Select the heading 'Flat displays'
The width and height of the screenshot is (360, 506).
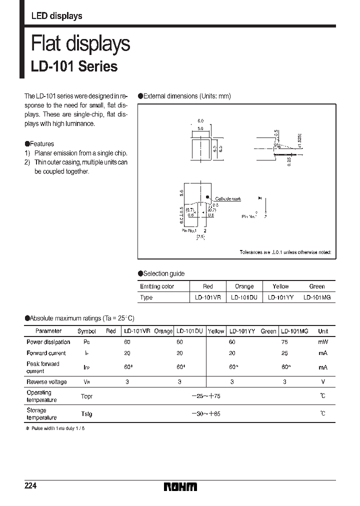pyautogui.click(x=80, y=44)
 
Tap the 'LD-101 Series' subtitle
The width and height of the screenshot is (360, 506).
pyautogui.click(x=74, y=66)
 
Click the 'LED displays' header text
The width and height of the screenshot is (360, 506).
pyautogui.click(x=56, y=16)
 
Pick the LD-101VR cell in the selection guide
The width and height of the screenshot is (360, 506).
pyautogui.click(x=208, y=297)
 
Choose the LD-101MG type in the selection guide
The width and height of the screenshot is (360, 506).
pyautogui.click(x=316, y=297)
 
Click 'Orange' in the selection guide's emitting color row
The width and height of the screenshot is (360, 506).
pyautogui.click(x=244, y=286)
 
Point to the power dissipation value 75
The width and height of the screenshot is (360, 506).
pyautogui.click(x=284, y=342)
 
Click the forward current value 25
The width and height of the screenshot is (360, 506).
pyautogui.click(x=284, y=353)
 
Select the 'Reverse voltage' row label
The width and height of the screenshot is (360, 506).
pyautogui.click(x=46, y=382)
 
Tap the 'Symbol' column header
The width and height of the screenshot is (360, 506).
pyautogui.click(x=87, y=331)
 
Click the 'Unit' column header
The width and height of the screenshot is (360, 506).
pyautogui.click(x=323, y=331)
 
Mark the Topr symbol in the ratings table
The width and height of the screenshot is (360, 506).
pyautogui.click(x=86, y=396)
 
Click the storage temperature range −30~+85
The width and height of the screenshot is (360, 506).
pyautogui.click(x=206, y=414)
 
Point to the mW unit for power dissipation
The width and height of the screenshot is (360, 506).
pyautogui.click(x=323, y=342)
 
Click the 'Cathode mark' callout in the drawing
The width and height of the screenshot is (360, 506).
pyautogui.click(x=228, y=199)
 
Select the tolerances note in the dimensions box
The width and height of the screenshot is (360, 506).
pyautogui.click(x=285, y=253)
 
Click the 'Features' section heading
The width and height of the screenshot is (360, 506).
pyautogui.click(x=42, y=143)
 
